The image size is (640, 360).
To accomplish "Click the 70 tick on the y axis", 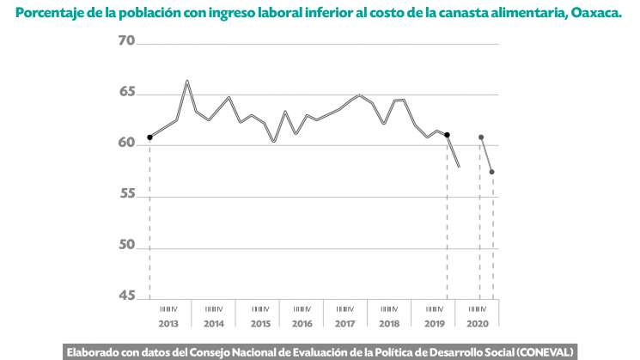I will (x=127, y=41).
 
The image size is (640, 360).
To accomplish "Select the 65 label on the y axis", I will (x=127, y=92).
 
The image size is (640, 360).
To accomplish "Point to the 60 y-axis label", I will (x=127, y=143).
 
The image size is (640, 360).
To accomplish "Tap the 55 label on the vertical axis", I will (x=127, y=194).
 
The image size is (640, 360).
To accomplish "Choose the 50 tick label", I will (x=127, y=245).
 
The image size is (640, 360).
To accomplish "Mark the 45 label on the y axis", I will (x=127, y=296).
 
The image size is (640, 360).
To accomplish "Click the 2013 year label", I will (x=168, y=324).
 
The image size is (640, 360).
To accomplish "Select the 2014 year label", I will (x=214, y=324).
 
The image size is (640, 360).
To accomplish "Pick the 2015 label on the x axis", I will (x=260, y=324).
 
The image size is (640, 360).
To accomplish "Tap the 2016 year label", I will (x=302, y=324).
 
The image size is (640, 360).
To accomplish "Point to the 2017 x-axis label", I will (x=345, y=324).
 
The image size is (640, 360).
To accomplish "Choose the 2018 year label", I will (x=389, y=324).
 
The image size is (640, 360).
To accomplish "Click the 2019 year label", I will (x=434, y=324).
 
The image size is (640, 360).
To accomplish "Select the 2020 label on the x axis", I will (x=477, y=324).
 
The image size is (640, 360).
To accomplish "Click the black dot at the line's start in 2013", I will (x=149, y=137).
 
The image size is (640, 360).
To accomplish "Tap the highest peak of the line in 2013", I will (x=187, y=81).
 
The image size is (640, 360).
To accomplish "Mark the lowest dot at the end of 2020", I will (x=492, y=173).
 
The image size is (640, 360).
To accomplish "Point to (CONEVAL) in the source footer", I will (x=545, y=351).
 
